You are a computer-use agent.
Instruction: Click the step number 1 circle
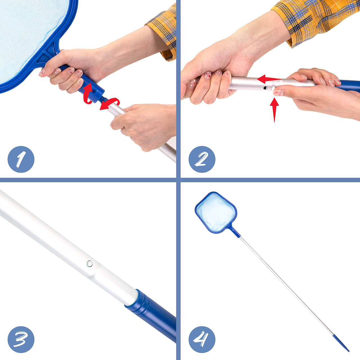pyautogui.click(x=21, y=159)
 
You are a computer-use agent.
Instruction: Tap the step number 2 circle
pyautogui.click(x=202, y=159)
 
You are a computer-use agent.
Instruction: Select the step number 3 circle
pyautogui.click(x=21, y=339)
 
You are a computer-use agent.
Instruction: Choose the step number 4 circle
pyautogui.click(x=202, y=339)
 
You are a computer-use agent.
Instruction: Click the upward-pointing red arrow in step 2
pyautogui.click(x=274, y=110)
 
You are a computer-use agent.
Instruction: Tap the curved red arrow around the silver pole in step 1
pyautogui.click(x=110, y=104)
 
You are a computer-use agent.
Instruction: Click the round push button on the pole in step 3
pyautogui.click(x=90, y=264)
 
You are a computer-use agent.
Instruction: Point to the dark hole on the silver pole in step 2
pyautogui.click(x=265, y=88)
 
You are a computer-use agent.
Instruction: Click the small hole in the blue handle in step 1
pyautogui.click(x=94, y=91)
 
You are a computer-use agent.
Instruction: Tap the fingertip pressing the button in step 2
pyautogui.click(x=278, y=92)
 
